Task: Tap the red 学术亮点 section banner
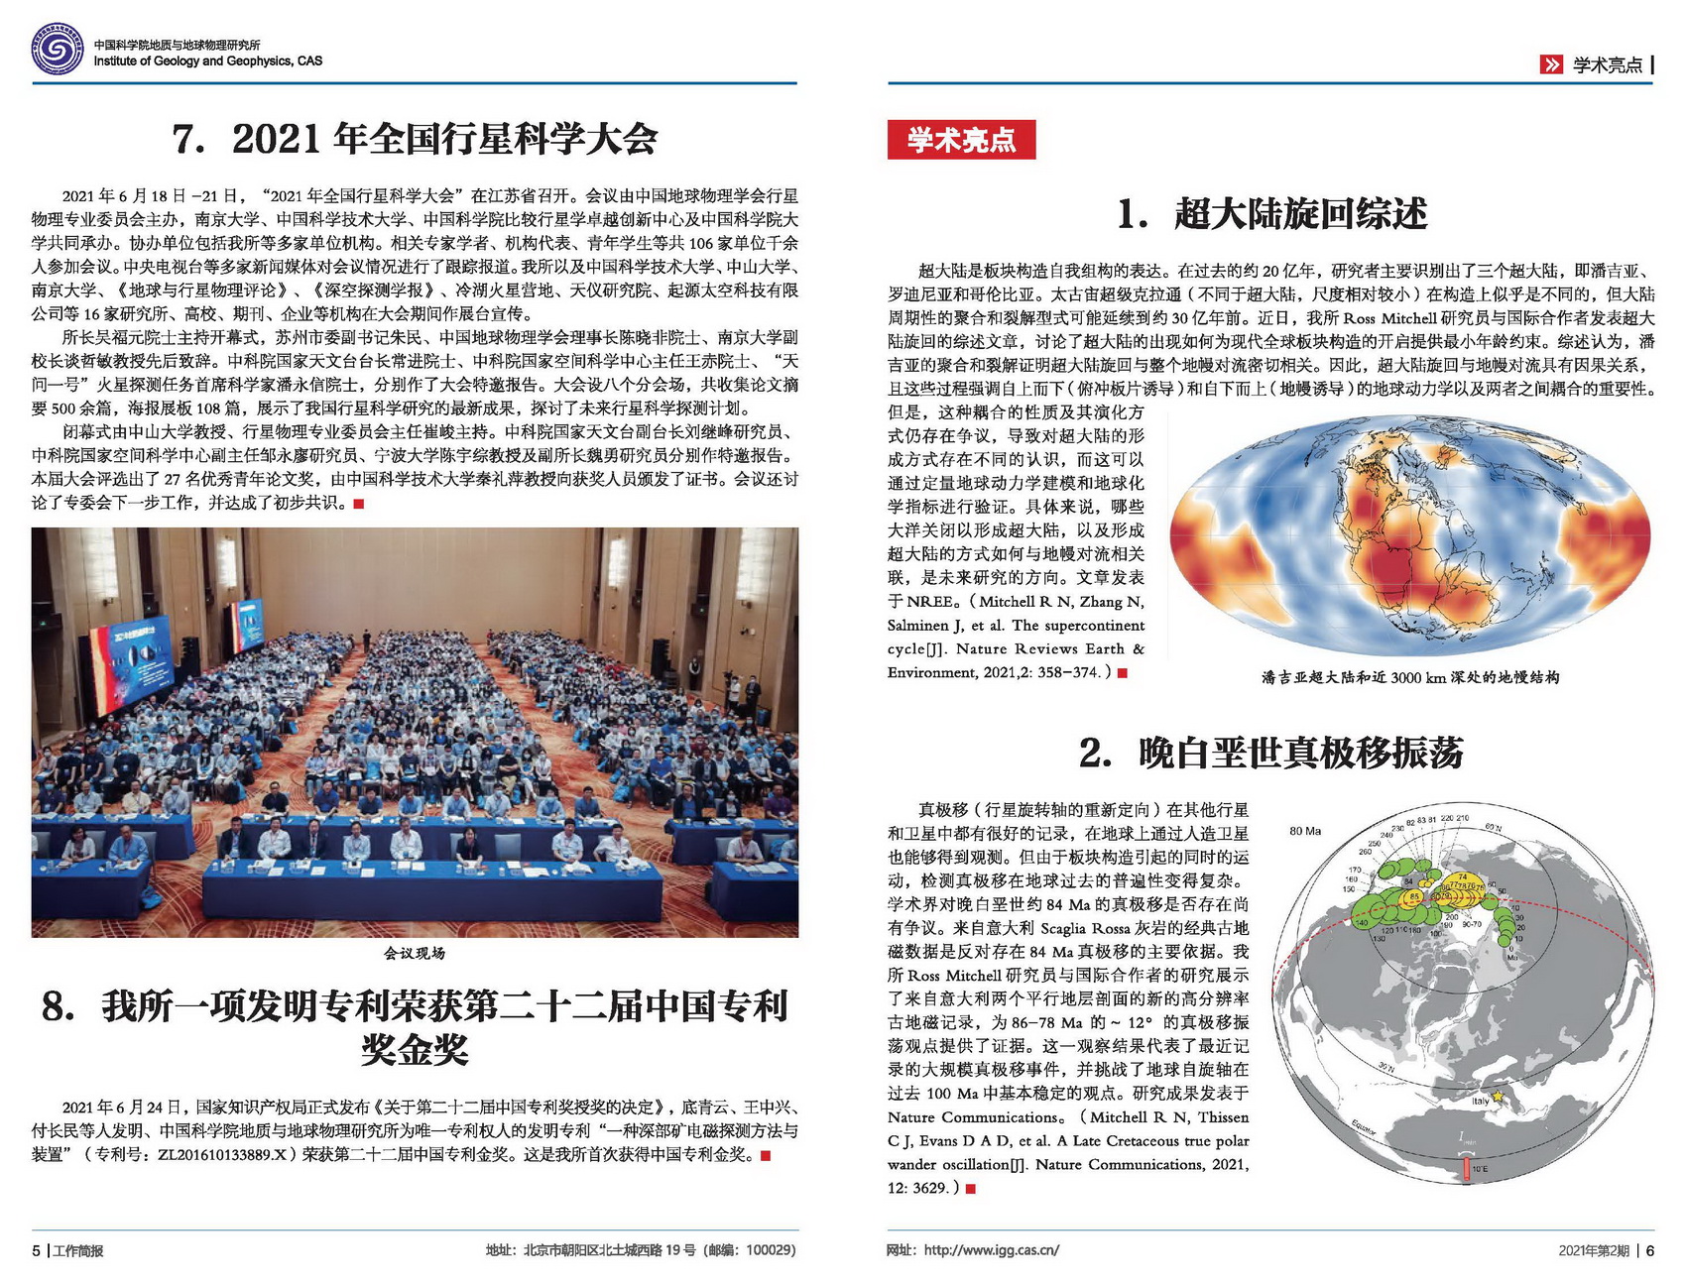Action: tap(961, 140)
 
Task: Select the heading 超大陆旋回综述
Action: tap(1271, 214)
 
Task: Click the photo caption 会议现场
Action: tap(415, 954)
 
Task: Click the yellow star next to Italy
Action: tap(1499, 1097)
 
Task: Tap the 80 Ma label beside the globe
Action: tap(1304, 831)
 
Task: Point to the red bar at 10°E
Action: tap(1466, 1169)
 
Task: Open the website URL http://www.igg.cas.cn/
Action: tap(991, 1250)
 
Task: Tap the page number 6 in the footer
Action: tap(1649, 1250)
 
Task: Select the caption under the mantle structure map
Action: tap(1410, 678)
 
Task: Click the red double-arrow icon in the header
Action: tap(1551, 65)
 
